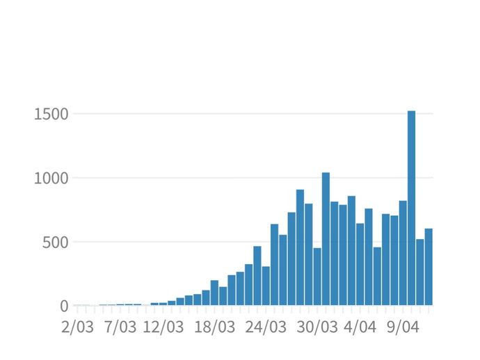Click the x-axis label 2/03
pyautogui.click(x=77, y=327)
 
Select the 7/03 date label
pyautogui.click(x=120, y=327)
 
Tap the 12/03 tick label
pyautogui.click(x=163, y=327)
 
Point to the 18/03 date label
pyautogui.click(x=215, y=327)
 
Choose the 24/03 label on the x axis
pyautogui.click(x=266, y=327)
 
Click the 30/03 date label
pyautogui.click(x=317, y=327)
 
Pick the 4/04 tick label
pyautogui.click(x=360, y=327)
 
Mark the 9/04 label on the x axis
pyautogui.click(x=403, y=327)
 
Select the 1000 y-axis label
pyautogui.click(x=51, y=178)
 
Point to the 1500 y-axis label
pyautogui.click(x=51, y=114)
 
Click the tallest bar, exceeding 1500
pyautogui.click(x=411, y=208)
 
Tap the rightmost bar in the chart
pyautogui.click(x=429, y=267)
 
